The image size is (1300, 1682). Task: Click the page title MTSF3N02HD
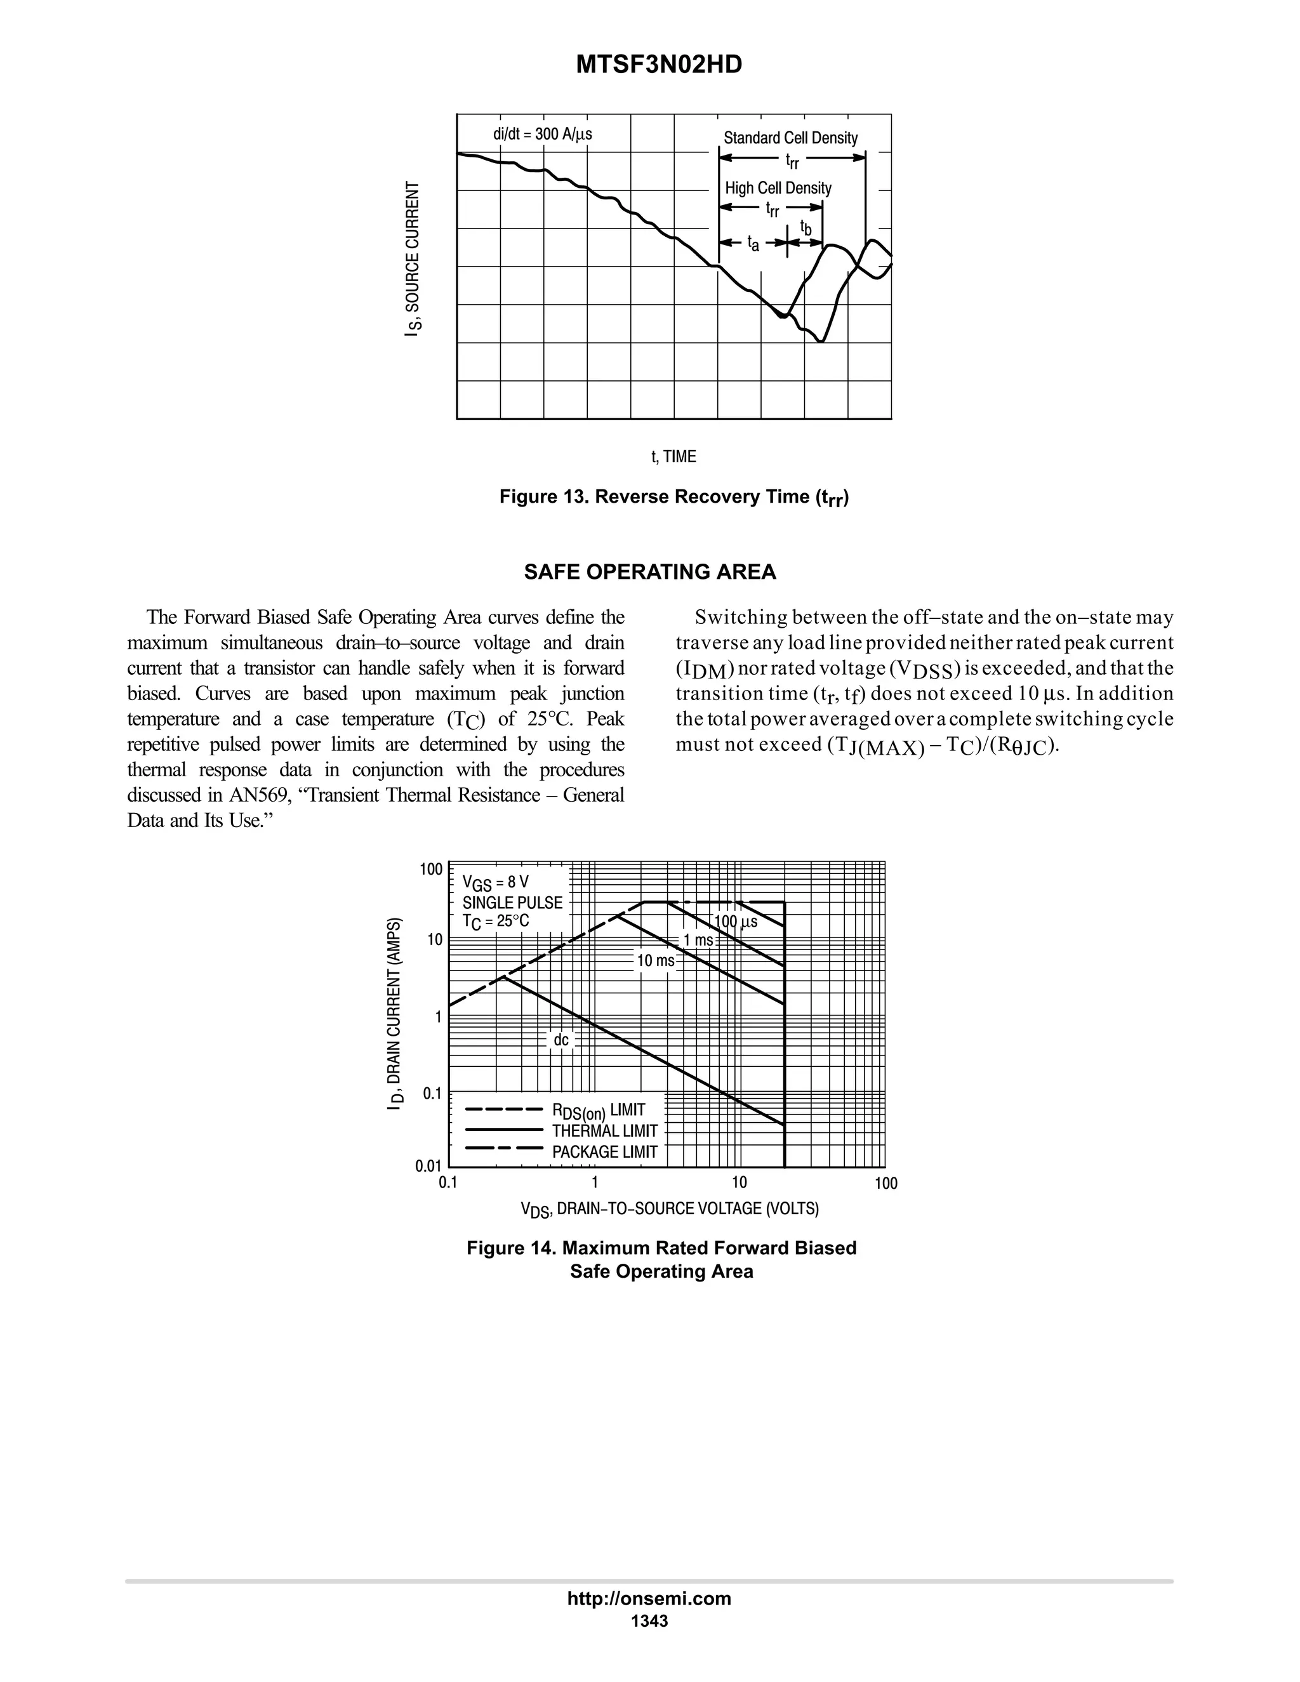[x=658, y=65]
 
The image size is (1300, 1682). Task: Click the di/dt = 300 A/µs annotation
[x=542, y=134]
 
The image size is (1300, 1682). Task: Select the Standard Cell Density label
[x=790, y=138]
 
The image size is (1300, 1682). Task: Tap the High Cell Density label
[x=778, y=188]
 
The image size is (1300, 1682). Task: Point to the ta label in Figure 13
[x=753, y=244]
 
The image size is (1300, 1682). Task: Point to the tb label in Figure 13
[x=806, y=228]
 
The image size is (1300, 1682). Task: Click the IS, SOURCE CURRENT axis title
[x=414, y=259]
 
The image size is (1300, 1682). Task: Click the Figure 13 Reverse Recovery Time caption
[x=674, y=498]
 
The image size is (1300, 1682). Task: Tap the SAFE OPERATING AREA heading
[x=650, y=573]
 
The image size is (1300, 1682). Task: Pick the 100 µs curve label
[x=736, y=922]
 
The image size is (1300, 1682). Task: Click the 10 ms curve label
[x=655, y=960]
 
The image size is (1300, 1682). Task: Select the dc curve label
[x=560, y=1040]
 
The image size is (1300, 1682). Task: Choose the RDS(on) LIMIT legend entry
[x=597, y=1111]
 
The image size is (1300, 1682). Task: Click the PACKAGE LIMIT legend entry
[x=604, y=1152]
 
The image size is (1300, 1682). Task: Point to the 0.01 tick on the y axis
[x=429, y=1166]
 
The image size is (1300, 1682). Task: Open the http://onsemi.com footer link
[x=649, y=1598]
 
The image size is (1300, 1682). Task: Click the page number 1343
[x=649, y=1621]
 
